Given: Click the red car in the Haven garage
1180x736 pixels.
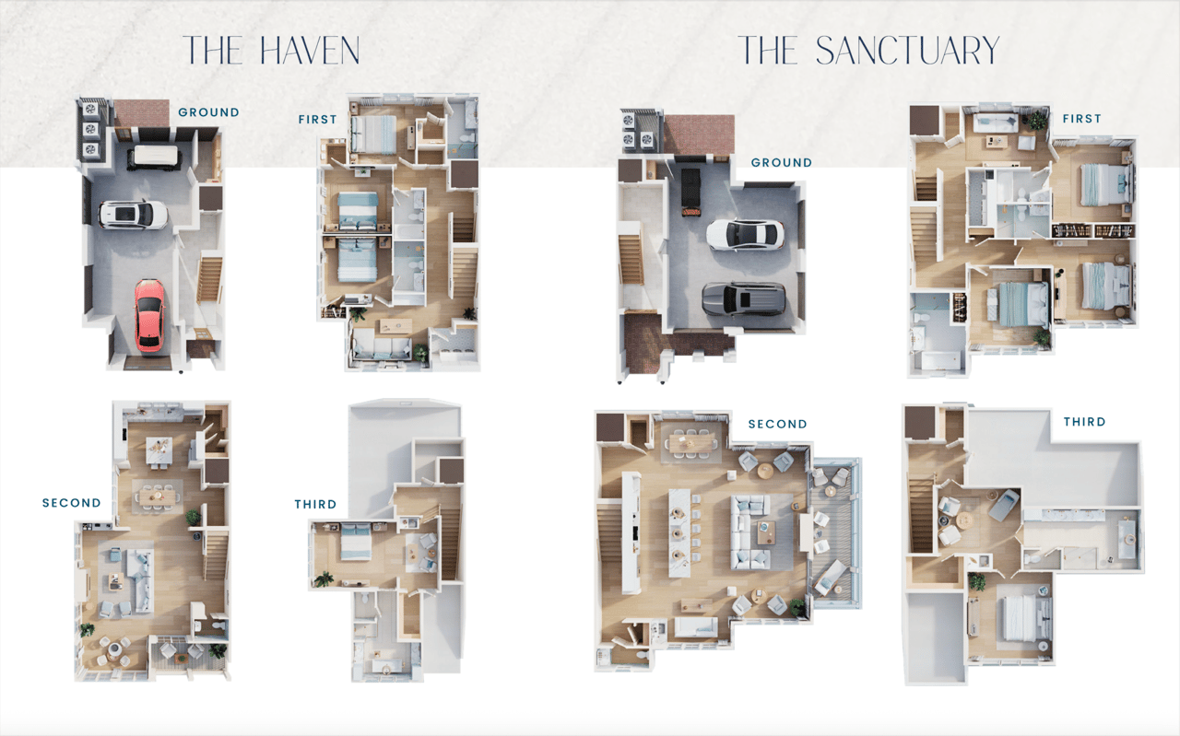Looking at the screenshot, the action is (x=149, y=315).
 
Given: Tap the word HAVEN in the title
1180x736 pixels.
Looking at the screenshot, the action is (x=310, y=51).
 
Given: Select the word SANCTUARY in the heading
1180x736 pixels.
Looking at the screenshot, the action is (x=907, y=51).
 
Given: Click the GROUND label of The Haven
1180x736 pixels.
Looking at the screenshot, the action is (x=208, y=112).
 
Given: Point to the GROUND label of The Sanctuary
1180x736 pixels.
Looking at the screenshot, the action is (x=781, y=163).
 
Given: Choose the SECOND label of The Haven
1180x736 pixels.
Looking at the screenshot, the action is (x=72, y=503).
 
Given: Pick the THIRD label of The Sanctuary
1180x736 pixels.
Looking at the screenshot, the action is (x=1084, y=422).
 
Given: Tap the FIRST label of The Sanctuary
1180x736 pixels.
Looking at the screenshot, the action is (x=1081, y=119).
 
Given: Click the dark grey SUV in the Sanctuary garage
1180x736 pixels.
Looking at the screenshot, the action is (x=744, y=298).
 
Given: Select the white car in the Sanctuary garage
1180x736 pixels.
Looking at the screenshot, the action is (x=745, y=235).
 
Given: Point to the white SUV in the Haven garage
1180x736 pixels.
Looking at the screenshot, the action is (x=134, y=215).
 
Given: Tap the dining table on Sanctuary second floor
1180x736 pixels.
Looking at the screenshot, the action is (x=691, y=442).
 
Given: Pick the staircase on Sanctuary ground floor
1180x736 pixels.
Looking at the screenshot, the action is (x=631, y=260).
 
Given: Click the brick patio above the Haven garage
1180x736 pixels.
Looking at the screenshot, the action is (x=142, y=113).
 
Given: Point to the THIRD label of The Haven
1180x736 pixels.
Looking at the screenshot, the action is (x=315, y=505).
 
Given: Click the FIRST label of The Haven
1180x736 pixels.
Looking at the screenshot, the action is (x=317, y=120).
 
